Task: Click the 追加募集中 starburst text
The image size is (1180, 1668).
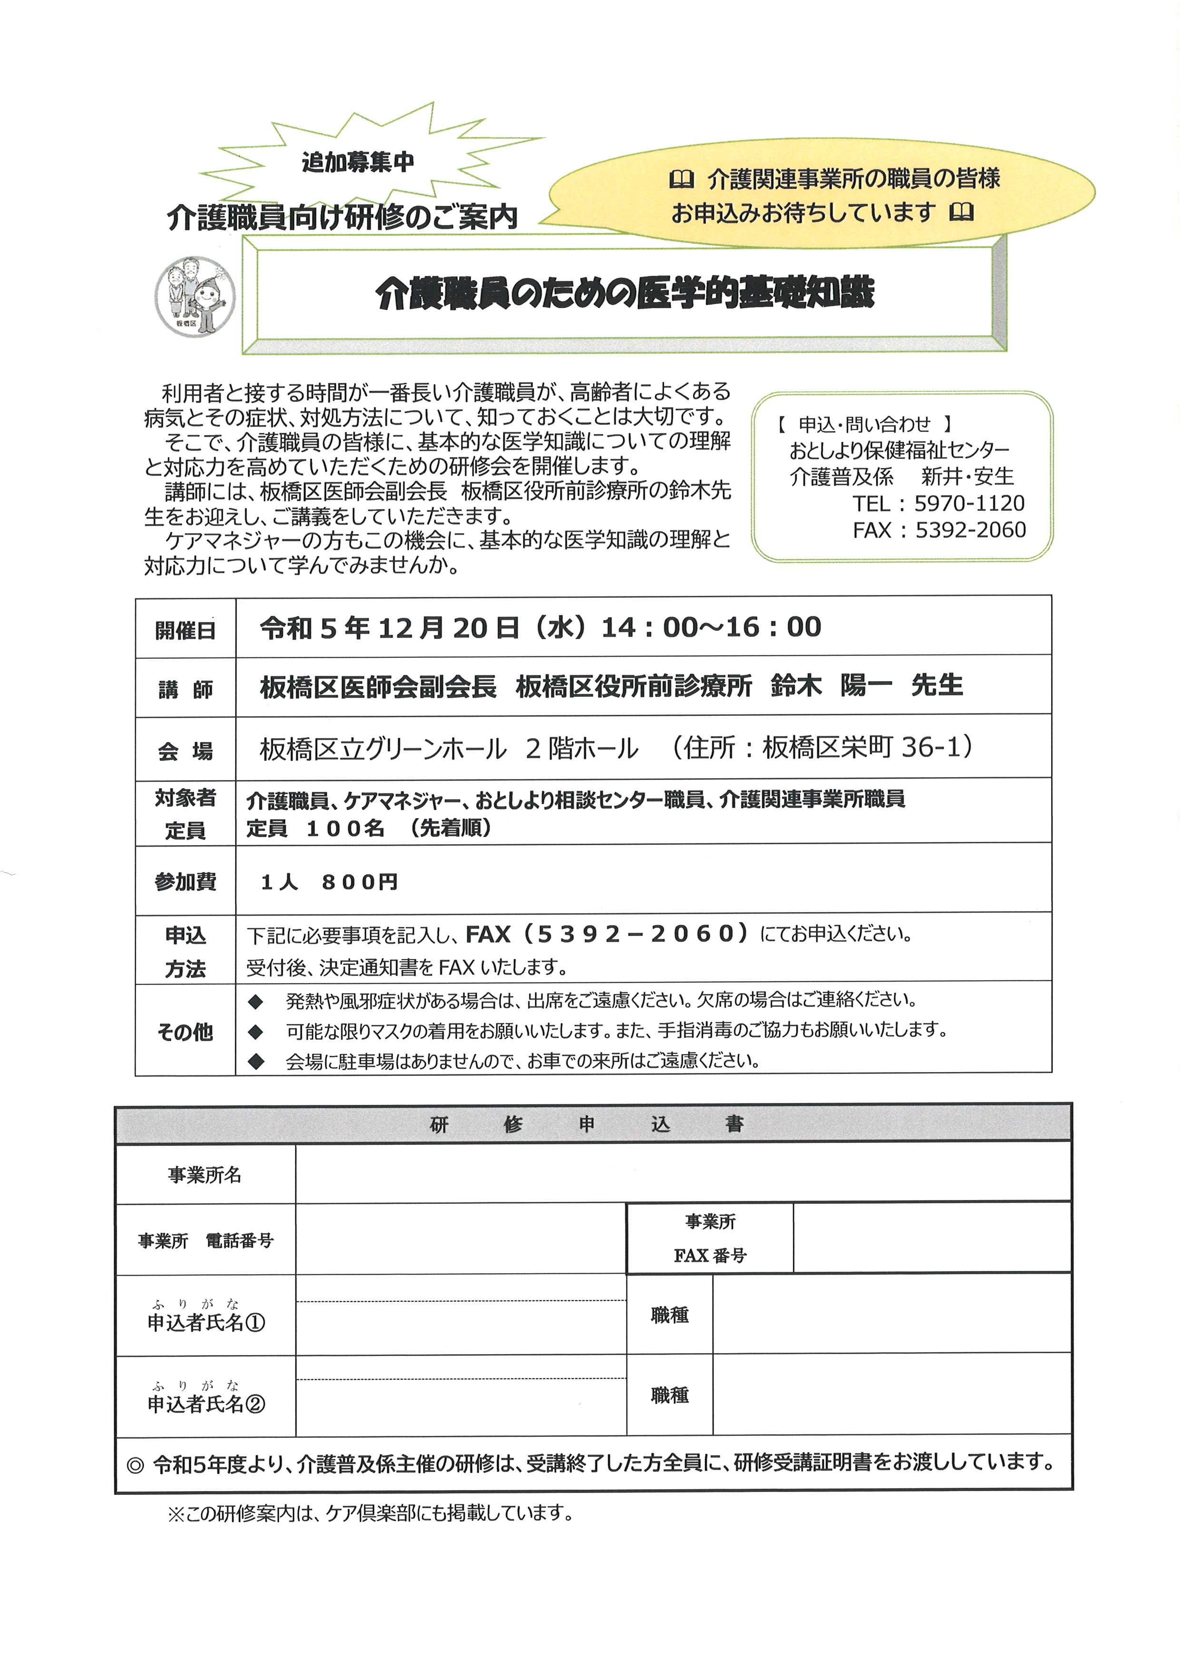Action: pos(357,162)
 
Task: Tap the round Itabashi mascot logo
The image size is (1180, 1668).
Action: pos(194,296)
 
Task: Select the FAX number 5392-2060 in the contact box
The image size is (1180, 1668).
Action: pos(970,530)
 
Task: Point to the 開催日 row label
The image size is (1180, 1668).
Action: pos(185,630)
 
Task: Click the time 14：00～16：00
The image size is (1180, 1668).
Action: pos(710,627)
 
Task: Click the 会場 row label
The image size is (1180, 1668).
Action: pos(185,750)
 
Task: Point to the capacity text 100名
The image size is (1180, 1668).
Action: pos(345,828)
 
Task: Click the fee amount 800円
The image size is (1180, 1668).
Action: pos(360,882)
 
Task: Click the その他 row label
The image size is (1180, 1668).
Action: pos(185,1032)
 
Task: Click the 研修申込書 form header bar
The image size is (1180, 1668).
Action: pos(593,1124)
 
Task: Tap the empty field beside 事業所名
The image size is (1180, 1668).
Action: pos(683,1173)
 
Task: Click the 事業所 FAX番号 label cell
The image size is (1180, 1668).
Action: pos(710,1238)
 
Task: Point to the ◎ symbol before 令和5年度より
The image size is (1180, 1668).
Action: pos(135,1464)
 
